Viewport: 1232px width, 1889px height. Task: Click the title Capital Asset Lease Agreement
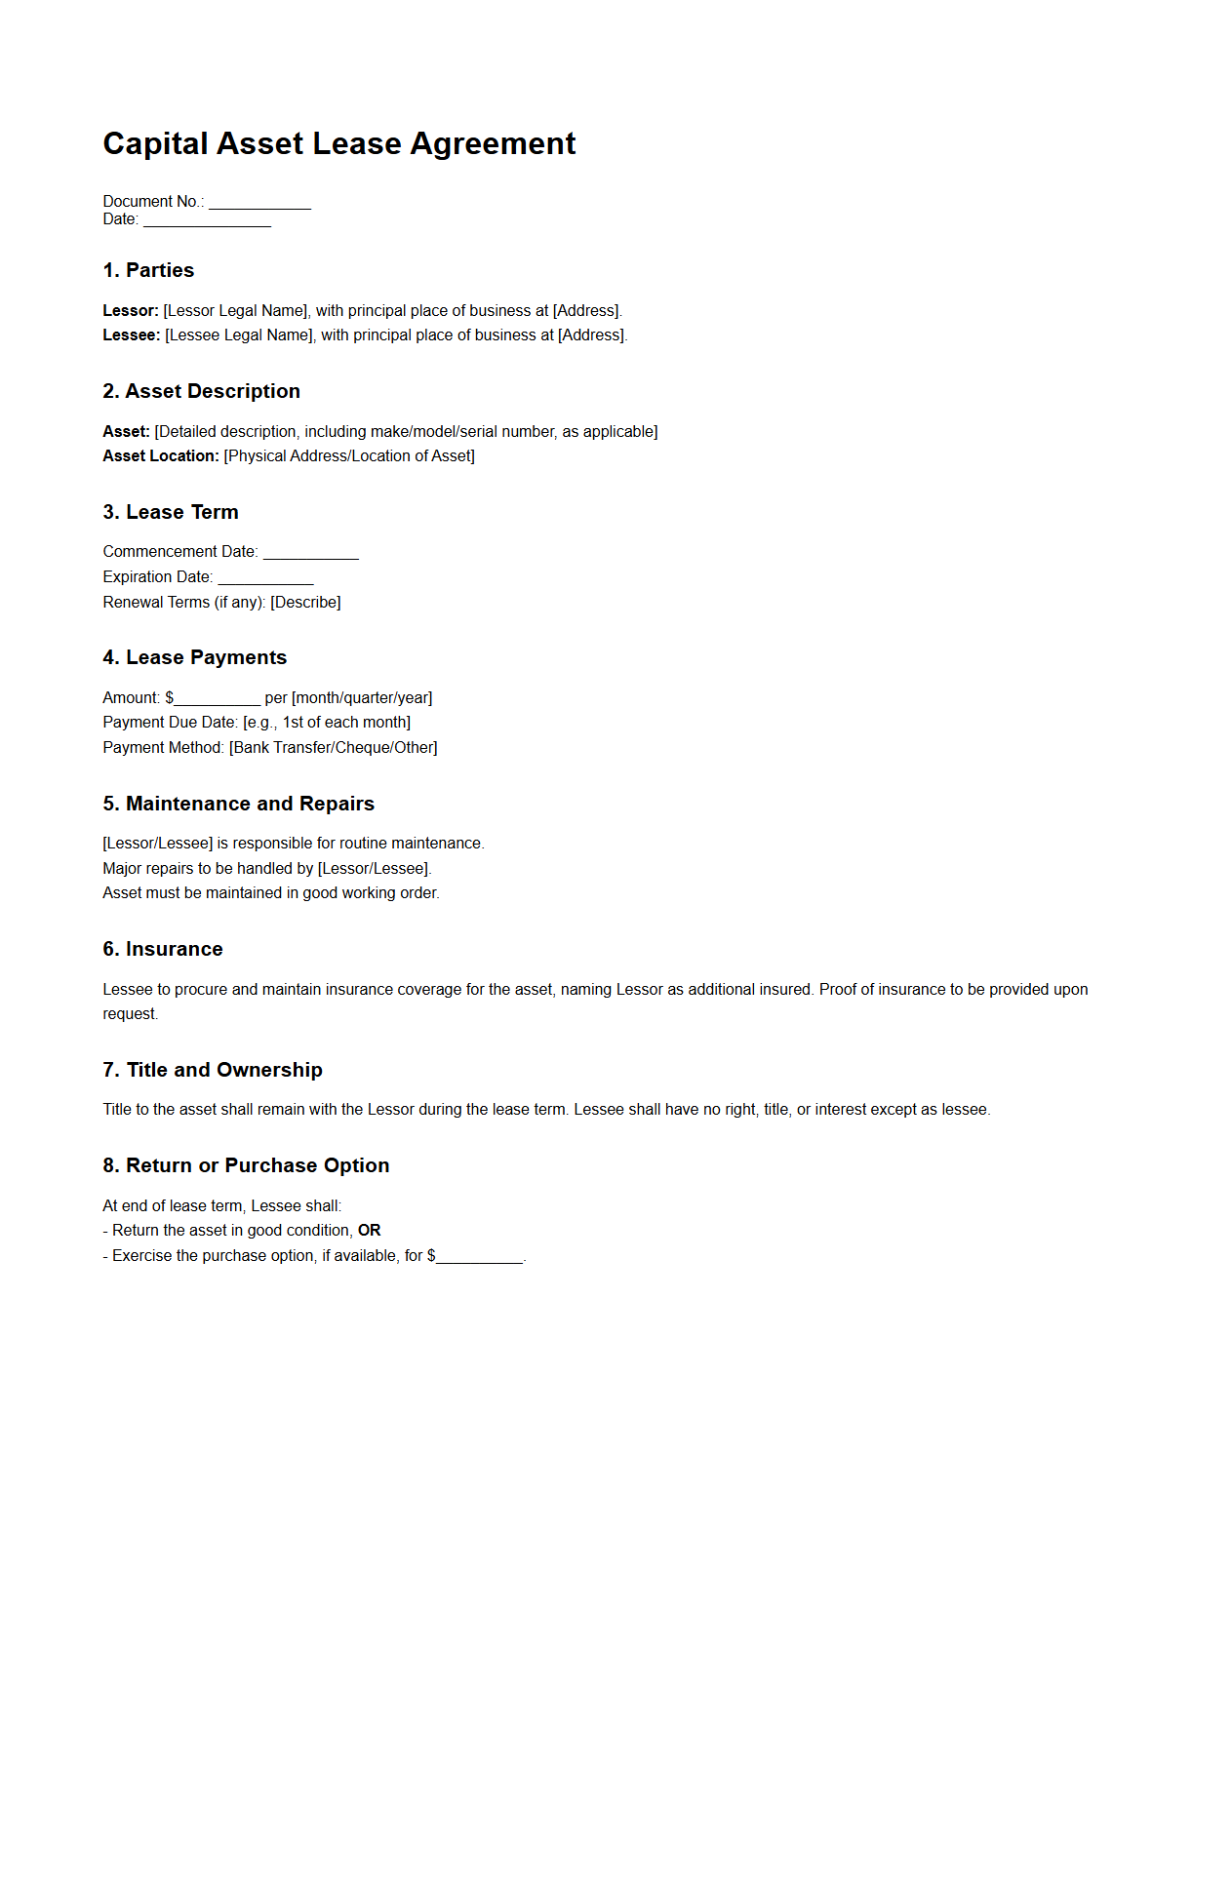338,143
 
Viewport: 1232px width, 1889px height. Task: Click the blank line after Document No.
259,203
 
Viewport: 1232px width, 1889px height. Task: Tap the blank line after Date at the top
207,220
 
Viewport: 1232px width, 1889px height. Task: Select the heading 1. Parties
148,270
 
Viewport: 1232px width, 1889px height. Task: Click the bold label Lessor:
131,311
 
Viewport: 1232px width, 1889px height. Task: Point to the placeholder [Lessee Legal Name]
239,335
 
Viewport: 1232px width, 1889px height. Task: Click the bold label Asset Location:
161,456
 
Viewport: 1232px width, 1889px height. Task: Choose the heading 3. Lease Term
171,512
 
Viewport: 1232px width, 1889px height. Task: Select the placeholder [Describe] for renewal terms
305,603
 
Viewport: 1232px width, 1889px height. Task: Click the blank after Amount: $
217,699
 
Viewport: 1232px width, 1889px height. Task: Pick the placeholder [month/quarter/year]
362,698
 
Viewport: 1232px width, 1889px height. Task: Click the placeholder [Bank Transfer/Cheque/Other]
334,748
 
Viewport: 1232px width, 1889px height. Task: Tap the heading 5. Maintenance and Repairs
238,804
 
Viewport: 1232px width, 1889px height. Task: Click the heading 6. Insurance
163,949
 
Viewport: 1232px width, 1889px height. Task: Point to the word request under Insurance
130,1014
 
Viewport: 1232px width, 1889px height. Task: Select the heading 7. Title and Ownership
213,1070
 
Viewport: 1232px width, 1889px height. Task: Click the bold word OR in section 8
370,1231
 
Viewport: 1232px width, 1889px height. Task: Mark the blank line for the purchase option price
480,1258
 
